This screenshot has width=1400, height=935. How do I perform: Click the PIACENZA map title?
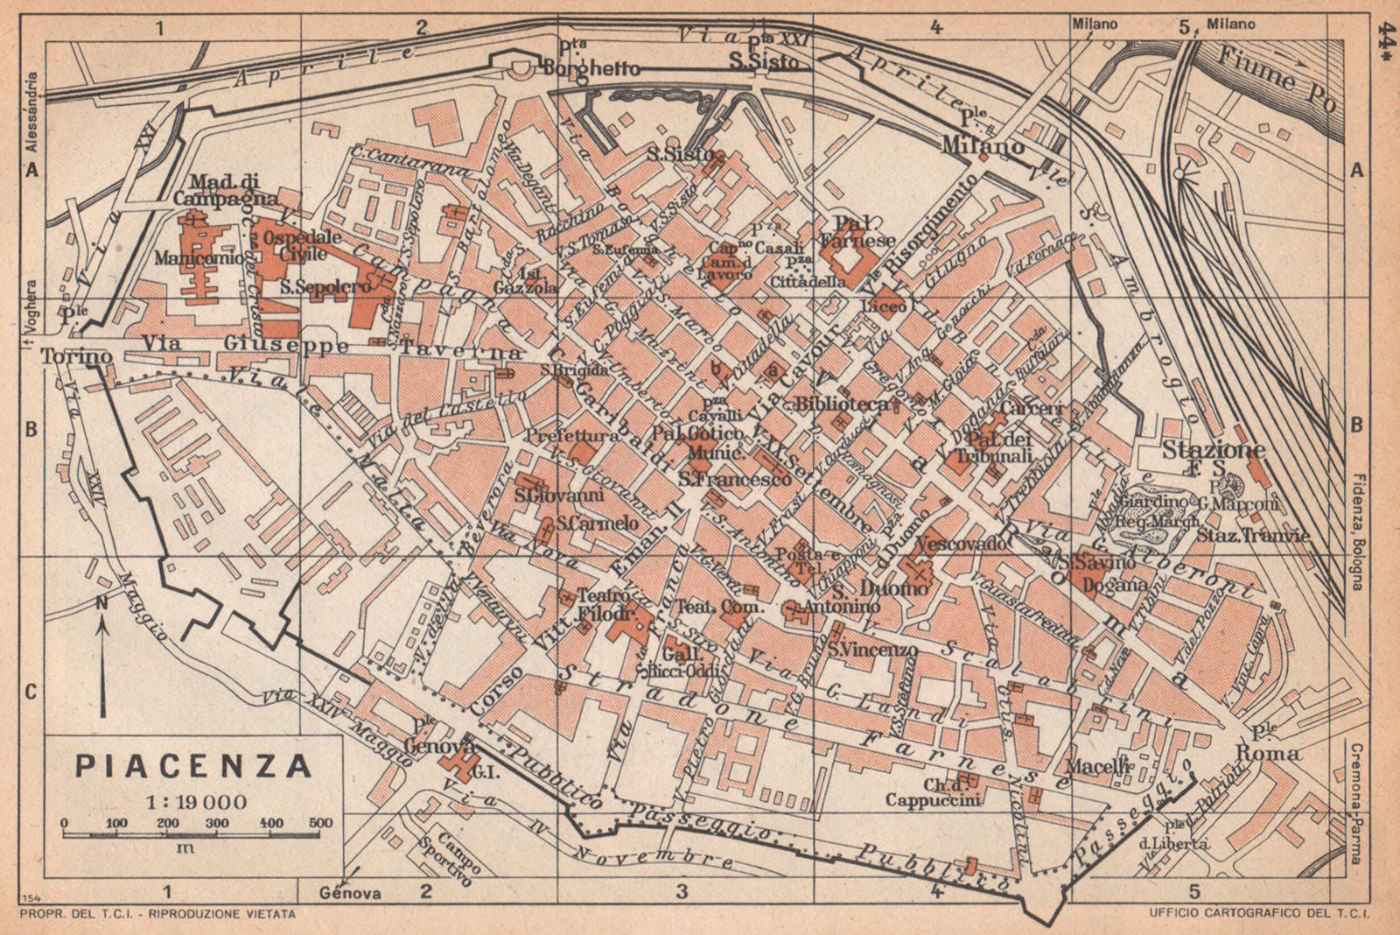tap(193, 766)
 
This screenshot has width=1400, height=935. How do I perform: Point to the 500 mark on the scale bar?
tap(321, 823)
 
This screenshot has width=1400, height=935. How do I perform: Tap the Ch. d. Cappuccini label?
tap(932, 791)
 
